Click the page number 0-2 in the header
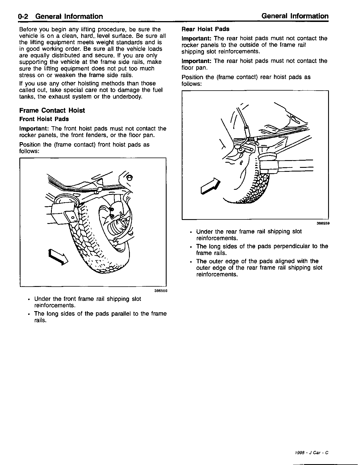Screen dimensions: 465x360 23,17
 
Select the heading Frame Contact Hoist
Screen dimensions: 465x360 52,111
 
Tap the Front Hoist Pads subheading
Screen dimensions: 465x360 44,119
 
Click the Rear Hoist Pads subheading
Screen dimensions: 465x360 205,29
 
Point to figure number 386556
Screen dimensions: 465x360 160,291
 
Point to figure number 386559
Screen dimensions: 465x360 323,224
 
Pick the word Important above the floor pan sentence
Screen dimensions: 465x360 197,61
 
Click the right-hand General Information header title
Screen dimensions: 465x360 295,16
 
